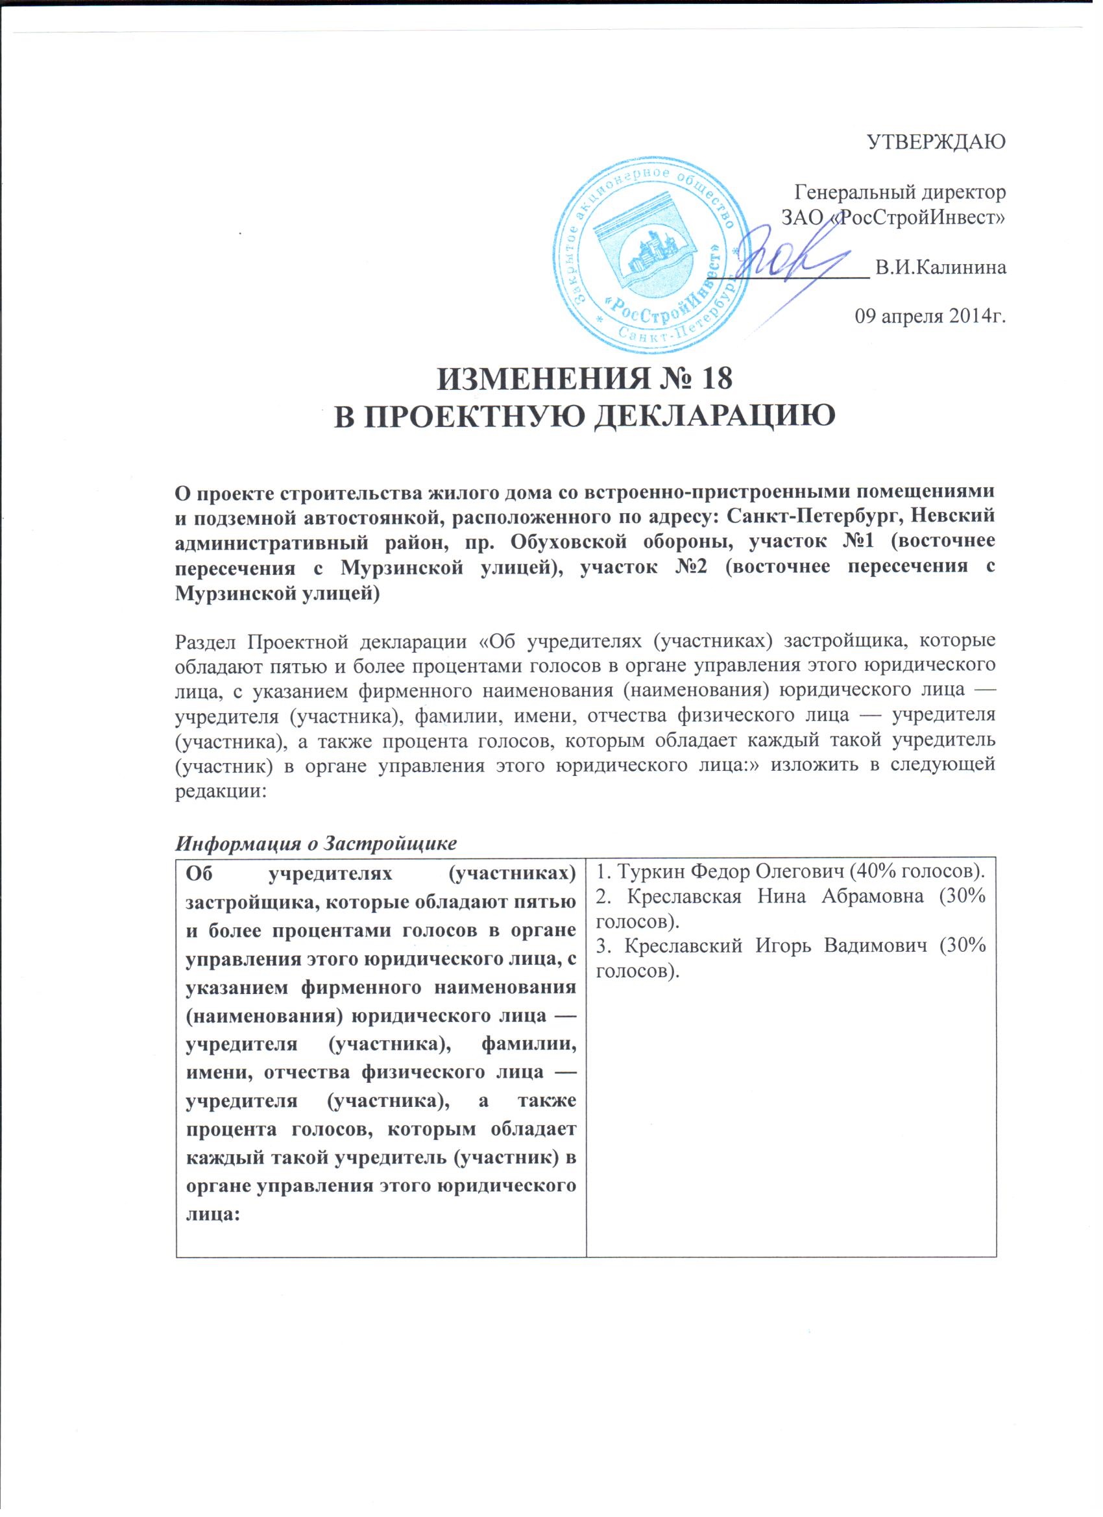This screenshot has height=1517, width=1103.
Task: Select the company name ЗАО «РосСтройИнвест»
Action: [x=893, y=217]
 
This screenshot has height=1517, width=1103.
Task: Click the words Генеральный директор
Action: [x=899, y=193]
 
